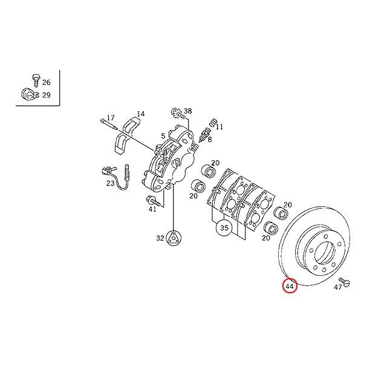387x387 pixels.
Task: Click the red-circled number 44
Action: tap(290, 285)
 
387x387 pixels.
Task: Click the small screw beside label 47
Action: tap(345, 281)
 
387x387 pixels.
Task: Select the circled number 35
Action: tap(224, 229)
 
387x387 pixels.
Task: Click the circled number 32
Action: tap(160, 238)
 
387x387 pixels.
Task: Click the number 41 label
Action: tap(152, 209)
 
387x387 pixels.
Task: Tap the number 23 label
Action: tap(110, 183)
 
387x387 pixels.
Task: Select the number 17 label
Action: tap(111, 117)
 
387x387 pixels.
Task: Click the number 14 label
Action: tap(140, 114)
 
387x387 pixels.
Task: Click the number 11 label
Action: tap(220, 127)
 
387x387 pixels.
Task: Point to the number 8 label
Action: tap(210, 139)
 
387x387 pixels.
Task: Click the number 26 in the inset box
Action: tap(47, 82)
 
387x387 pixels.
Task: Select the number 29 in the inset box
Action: tap(47, 95)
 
